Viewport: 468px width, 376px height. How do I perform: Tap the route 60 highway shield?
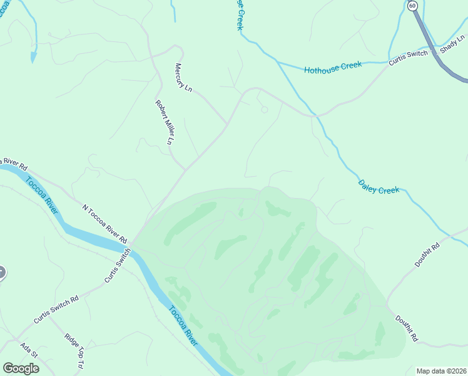(x=412, y=6)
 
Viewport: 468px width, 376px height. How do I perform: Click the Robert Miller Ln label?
(x=164, y=122)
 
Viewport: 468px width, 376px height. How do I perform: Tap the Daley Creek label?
(x=379, y=187)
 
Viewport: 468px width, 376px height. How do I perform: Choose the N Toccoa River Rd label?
(x=104, y=223)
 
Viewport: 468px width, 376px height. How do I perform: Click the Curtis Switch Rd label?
(x=56, y=309)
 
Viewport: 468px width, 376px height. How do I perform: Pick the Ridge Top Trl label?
(x=74, y=350)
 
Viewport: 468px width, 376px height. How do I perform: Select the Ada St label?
(x=29, y=350)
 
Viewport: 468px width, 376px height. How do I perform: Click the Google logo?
(x=21, y=368)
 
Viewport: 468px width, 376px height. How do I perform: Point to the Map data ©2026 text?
(x=441, y=370)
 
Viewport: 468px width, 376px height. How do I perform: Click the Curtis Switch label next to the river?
(x=118, y=266)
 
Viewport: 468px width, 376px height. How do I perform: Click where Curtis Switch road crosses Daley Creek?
(x=317, y=116)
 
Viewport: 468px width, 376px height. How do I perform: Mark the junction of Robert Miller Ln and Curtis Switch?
(x=185, y=169)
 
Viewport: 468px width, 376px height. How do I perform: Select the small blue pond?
(x=33, y=56)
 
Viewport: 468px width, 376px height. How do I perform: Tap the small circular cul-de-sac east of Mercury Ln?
(x=265, y=110)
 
